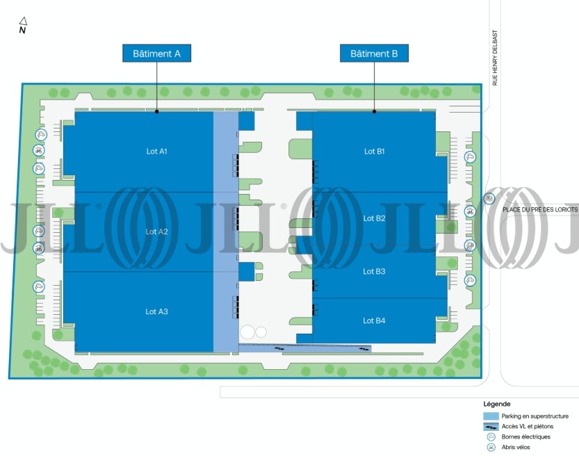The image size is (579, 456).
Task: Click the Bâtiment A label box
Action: [156, 53]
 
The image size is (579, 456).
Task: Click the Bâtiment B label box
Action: [374, 53]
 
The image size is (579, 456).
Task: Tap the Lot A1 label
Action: [157, 151]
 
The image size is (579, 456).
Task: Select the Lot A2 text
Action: [156, 231]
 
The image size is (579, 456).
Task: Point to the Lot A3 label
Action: [156, 311]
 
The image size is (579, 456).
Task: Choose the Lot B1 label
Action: [375, 151]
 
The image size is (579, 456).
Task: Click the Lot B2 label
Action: [375, 218]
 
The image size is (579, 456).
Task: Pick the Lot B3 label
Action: [374, 271]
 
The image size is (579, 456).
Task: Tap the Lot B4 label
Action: [374, 320]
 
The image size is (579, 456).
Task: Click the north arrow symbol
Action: [23, 21]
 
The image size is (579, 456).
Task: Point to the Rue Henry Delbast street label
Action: [495, 58]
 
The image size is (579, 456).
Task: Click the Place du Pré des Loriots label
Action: [540, 209]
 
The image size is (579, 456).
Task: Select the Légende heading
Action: [497, 404]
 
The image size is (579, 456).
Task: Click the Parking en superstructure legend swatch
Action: [491, 416]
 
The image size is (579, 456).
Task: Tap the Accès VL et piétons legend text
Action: [528, 427]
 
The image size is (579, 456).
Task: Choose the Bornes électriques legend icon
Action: [491, 437]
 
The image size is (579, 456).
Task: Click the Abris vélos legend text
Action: [516, 447]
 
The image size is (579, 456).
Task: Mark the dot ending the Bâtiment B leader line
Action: [374, 111]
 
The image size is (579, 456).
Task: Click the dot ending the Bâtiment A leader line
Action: [156, 111]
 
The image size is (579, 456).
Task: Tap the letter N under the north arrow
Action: [22, 31]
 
